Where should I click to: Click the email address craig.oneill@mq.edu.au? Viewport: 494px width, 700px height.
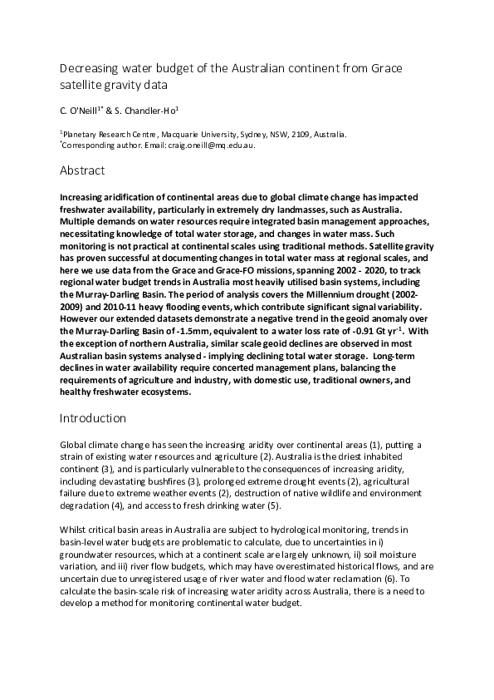coord(208,145)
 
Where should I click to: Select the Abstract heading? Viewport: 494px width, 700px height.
coord(82,171)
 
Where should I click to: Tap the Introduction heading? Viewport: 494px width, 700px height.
coord(95,417)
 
